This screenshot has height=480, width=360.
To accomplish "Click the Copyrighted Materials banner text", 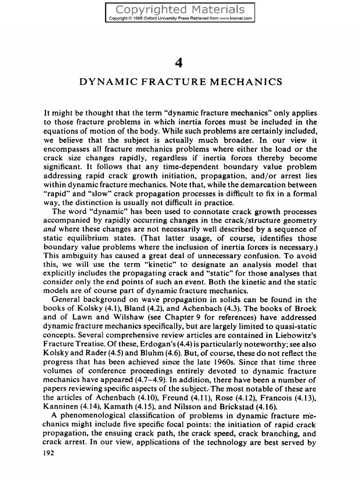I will pyautogui.click(x=180, y=9).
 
